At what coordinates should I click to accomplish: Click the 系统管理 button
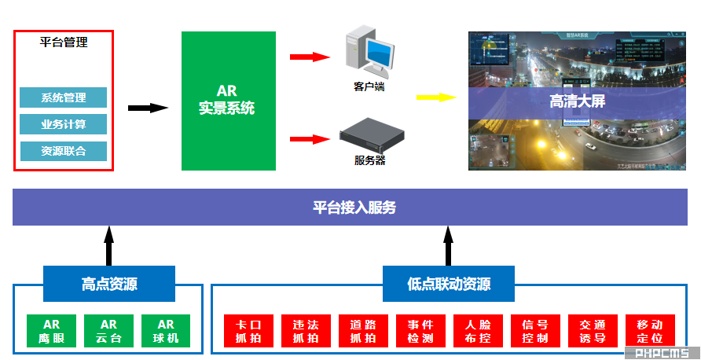(64, 97)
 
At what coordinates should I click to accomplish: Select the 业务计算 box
(64, 124)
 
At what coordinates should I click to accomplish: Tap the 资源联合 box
(64, 151)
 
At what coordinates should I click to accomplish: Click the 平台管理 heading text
(64, 42)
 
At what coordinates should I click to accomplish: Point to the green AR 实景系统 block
(228, 101)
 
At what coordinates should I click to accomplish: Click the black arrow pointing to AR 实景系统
(148, 108)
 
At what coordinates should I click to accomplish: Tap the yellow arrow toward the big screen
(436, 97)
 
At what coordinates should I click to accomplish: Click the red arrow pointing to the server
(309, 139)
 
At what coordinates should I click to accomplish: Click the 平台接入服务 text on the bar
(354, 208)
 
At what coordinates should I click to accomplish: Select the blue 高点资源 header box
(109, 284)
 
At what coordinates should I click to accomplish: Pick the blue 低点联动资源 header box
(449, 284)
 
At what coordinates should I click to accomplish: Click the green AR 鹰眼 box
(52, 331)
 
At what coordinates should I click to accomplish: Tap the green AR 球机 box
(166, 331)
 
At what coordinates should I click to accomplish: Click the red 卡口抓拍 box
(248, 331)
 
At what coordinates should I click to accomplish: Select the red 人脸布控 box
(478, 331)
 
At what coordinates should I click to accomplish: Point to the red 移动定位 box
(650, 331)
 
